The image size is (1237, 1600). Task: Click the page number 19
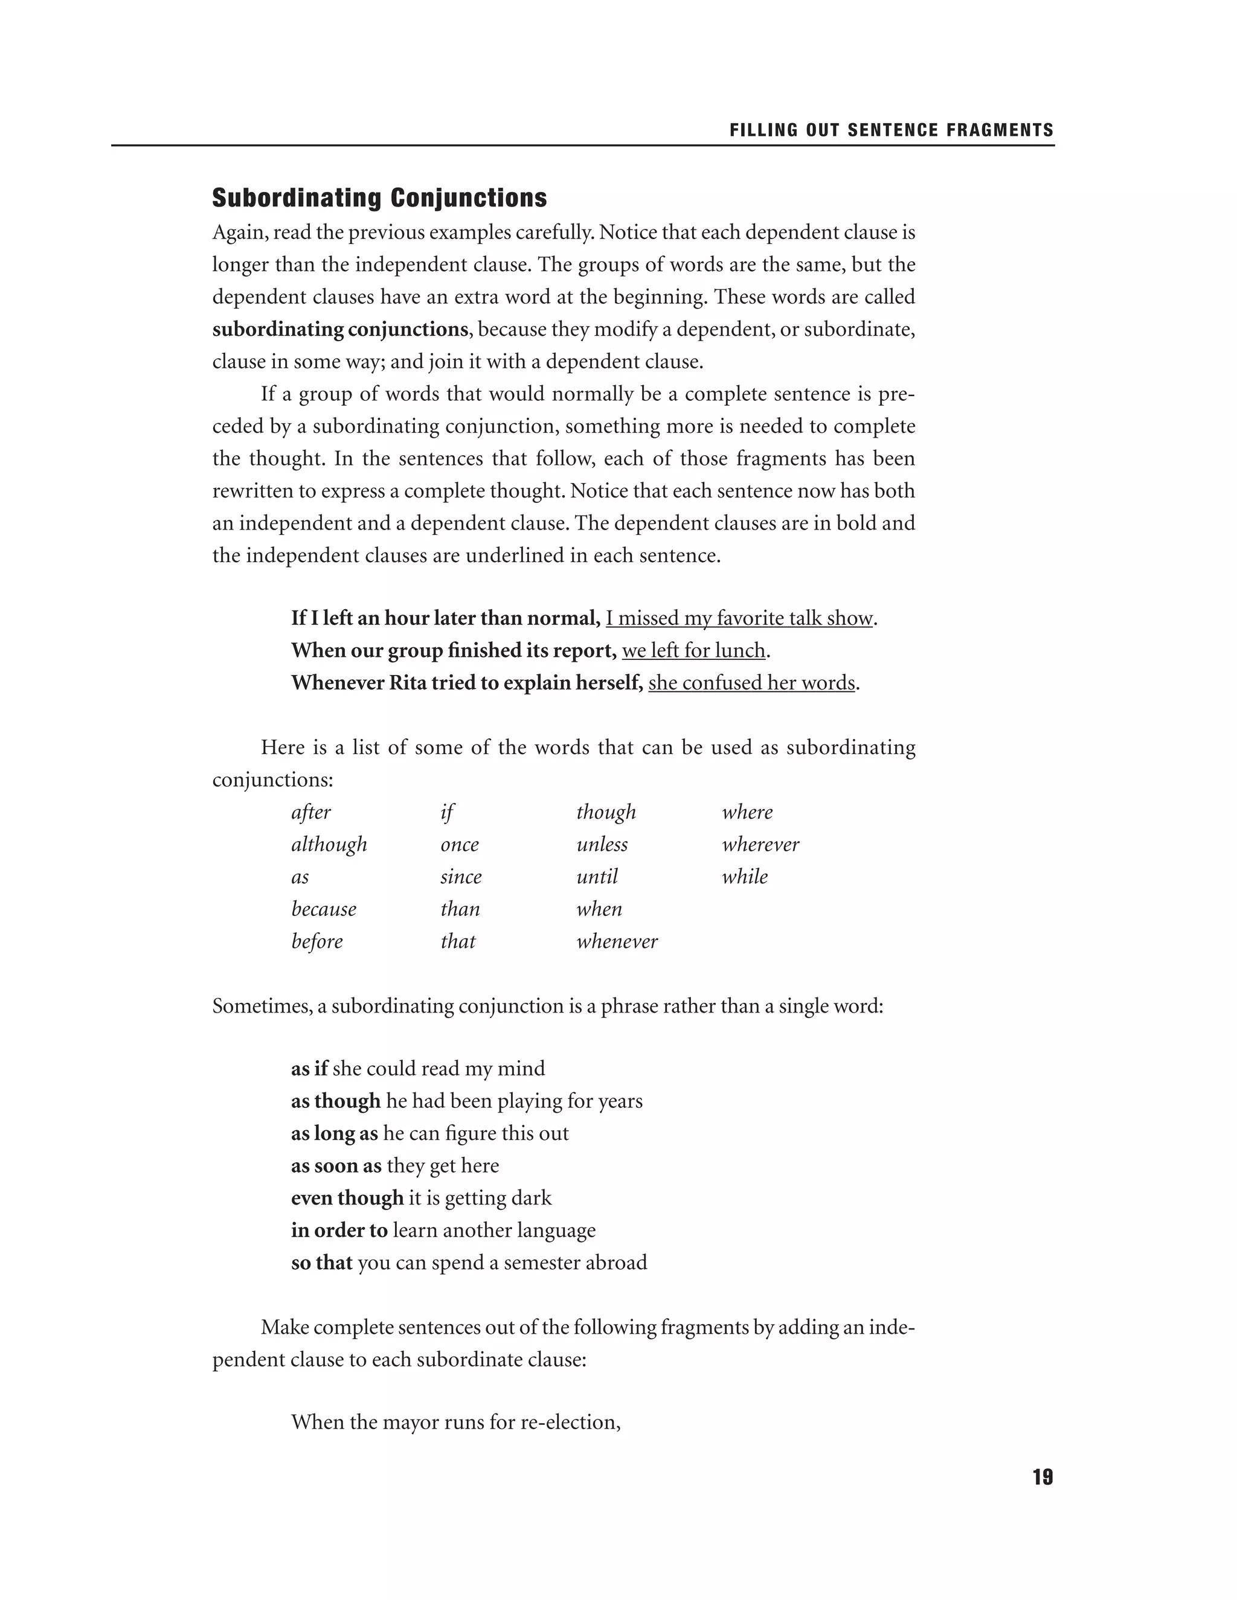pos(1042,1477)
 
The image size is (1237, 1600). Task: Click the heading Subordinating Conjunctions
pos(379,198)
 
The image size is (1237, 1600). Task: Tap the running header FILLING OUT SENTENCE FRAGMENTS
pos(891,130)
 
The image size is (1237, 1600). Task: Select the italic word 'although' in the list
pos(329,845)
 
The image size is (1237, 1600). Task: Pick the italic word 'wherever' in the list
pos(760,845)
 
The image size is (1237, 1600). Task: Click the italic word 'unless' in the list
pos(602,845)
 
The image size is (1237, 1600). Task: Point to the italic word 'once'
pos(459,845)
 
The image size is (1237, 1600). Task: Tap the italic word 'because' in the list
pos(323,909)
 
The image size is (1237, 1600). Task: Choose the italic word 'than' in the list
pos(460,909)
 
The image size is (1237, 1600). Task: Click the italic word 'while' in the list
pos(745,877)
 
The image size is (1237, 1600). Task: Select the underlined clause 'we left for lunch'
pos(693,650)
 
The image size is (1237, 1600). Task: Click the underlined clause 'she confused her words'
pos(751,683)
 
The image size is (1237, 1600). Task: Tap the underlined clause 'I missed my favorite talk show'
pos(739,618)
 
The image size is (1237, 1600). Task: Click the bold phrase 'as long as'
pos(334,1133)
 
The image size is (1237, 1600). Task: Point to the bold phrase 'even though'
pos(347,1198)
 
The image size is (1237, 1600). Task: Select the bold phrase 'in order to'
pos(339,1230)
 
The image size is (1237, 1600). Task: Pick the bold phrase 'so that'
pos(322,1262)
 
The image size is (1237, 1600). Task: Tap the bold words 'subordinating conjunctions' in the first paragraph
pos(339,330)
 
